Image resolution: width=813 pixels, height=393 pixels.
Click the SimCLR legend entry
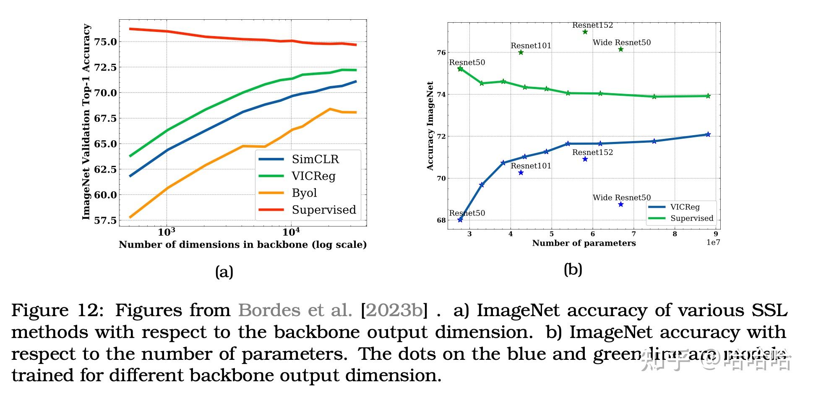pyautogui.click(x=315, y=160)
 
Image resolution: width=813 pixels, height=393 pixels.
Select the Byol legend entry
pyautogui.click(x=304, y=193)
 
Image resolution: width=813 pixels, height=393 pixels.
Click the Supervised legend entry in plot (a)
pyautogui.click(x=323, y=210)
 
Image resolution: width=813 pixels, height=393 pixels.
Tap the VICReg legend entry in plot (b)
pyautogui.click(x=685, y=207)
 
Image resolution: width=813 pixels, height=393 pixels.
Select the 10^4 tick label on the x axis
pyautogui.click(x=290, y=232)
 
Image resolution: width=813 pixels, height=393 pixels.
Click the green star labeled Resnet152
pyautogui.click(x=585, y=32)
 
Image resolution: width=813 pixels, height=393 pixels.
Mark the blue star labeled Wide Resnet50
pyautogui.click(x=621, y=204)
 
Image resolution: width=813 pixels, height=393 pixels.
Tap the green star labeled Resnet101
pyautogui.click(x=521, y=52)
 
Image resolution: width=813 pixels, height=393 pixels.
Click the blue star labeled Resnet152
pyautogui.click(x=585, y=159)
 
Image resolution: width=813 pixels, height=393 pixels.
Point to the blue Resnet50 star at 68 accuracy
pyautogui.click(x=460, y=220)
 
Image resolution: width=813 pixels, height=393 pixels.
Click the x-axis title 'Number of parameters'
pyautogui.click(x=584, y=243)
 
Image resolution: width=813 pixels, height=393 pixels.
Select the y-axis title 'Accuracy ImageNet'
pyautogui.click(x=430, y=126)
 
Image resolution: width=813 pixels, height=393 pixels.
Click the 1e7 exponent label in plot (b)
pyautogui.click(x=713, y=243)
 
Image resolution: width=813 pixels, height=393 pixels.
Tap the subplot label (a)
pyautogui.click(x=224, y=272)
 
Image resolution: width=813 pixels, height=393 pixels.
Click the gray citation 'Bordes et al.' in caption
pyautogui.click(x=295, y=311)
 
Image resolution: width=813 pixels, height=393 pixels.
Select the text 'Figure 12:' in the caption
pyautogui.click(x=57, y=311)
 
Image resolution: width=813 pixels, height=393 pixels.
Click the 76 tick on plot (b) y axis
pyautogui.click(x=441, y=52)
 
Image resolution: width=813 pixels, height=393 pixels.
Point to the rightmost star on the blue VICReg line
pyautogui.click(x=708, y=134)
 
